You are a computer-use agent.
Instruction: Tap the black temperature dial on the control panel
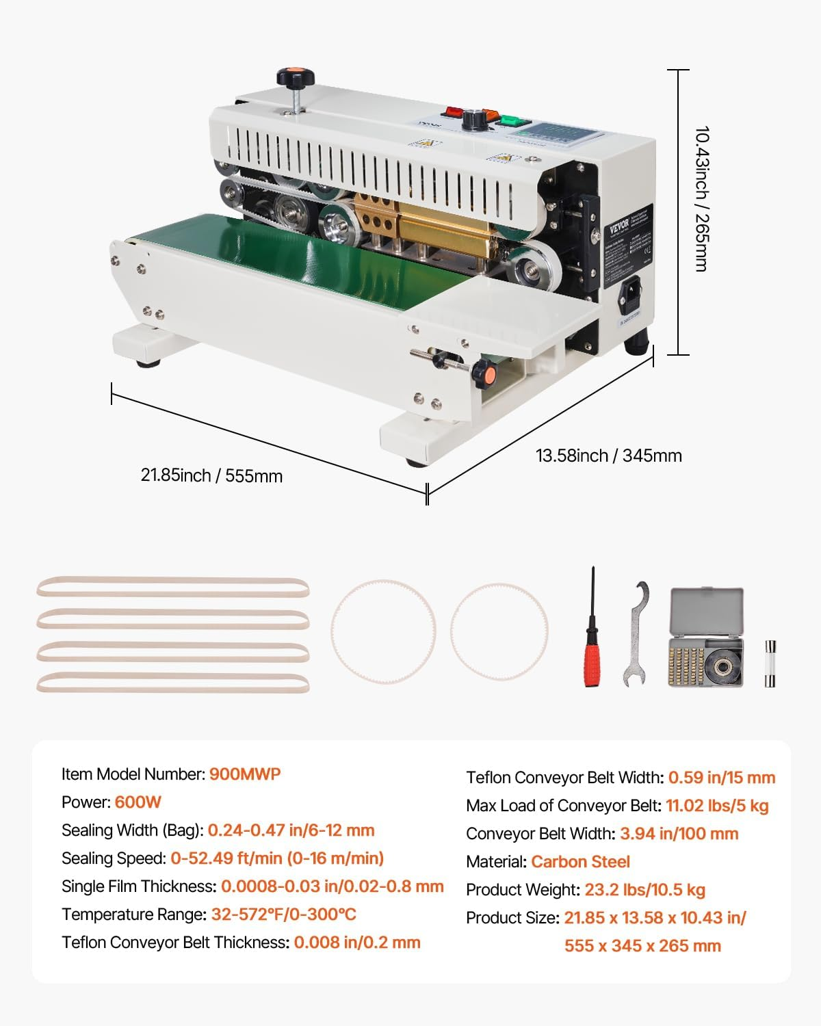(471, 120)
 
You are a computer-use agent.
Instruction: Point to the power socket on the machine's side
(630, 295)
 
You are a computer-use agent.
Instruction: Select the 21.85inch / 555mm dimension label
(211, 475)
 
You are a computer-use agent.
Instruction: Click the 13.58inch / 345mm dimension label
(608, 456)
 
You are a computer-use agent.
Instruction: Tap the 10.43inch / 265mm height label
(701, 198)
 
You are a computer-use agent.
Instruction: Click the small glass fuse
(770, 663)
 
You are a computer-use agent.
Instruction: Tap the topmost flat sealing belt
(172, 587)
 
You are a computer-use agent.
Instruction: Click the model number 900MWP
(245, 774)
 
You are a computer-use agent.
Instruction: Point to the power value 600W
(138, 802)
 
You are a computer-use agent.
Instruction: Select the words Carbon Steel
(580, 862)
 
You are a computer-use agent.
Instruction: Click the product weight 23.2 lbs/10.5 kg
(644, 890)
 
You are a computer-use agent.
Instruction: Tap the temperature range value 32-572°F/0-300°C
(283, 915)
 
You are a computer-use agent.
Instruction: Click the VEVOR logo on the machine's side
(620, 226)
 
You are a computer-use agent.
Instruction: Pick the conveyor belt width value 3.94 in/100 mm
(679, 834)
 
